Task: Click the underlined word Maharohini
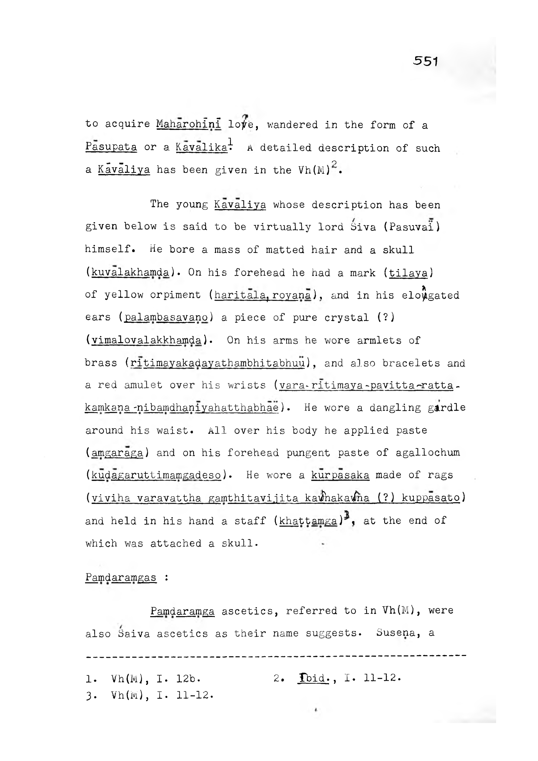tap(189, 124)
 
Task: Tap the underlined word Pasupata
tap(111, 147)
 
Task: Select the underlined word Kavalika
tap(202, 147)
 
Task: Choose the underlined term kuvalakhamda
tap(130, 273)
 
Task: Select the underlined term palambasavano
tap(166, 318)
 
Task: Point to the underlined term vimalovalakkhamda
tap(146, 340)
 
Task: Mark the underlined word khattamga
tap(308, 521)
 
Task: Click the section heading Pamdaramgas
tap(121, 577)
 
